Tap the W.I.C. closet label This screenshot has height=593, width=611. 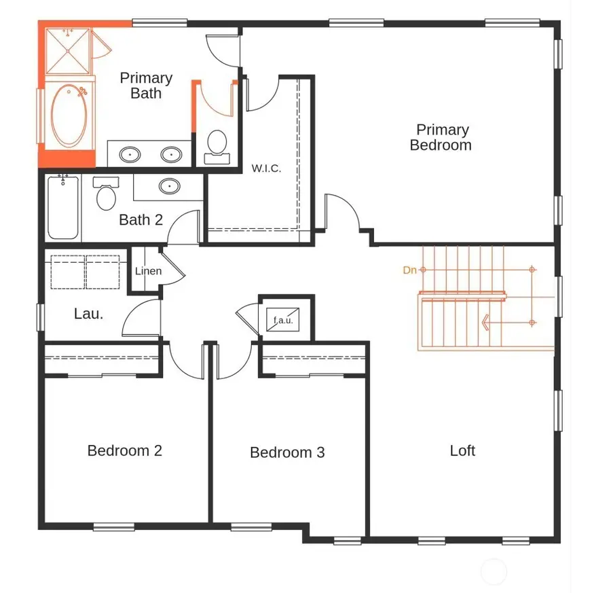[x=266, y=168]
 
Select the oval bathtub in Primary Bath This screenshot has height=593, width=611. [x=69, y=115]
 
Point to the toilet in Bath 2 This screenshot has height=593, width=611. [x=106, y=194]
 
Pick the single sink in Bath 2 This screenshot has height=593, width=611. [x=168, y=186]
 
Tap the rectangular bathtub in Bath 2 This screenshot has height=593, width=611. [x=63, y=207]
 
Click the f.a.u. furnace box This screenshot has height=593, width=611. [x=284, y=320]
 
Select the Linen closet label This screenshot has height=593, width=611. [x=148, y=271]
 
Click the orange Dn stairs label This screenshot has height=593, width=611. [x=409, y=270]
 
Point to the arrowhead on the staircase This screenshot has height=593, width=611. [x=486, y=322]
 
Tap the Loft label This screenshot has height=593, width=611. [x=462, y=450]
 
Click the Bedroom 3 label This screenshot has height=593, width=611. [x=287, y=452]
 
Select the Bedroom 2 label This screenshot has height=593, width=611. [x=125, y=450]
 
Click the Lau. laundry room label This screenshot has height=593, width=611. [x=88, y=314]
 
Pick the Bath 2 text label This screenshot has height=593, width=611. [x=141, y=219]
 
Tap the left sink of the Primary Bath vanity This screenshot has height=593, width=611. [x=130, y=155]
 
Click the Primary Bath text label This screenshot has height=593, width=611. [x=146, y=86]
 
